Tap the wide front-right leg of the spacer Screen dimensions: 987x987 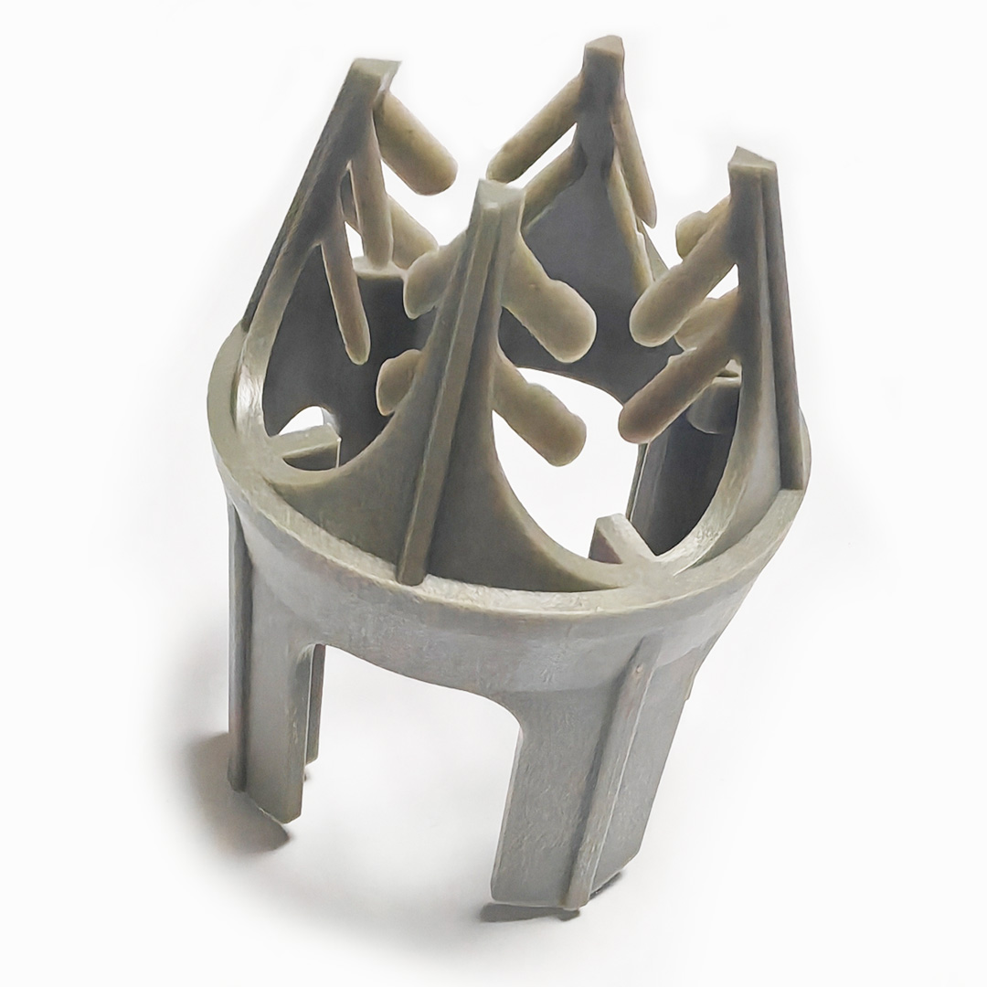pos(576,777)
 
